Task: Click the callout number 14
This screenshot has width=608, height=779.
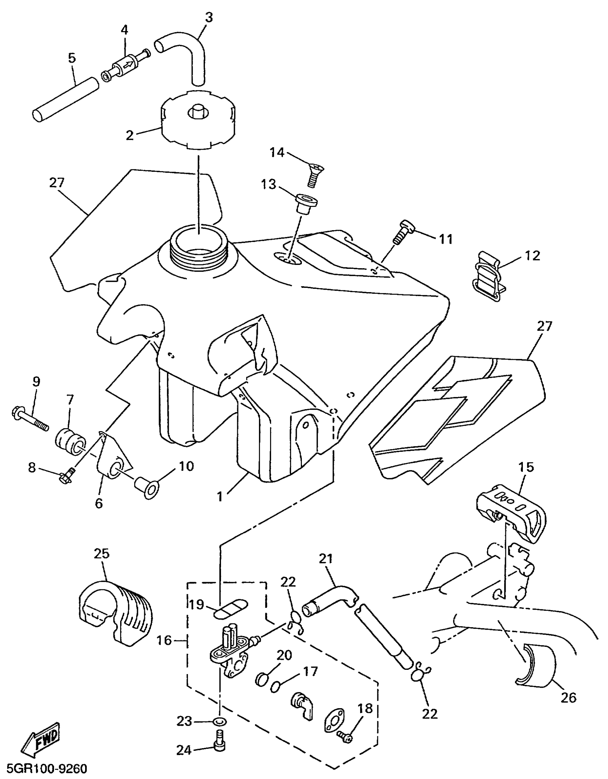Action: [x=277, y=153]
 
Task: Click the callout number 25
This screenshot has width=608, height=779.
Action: [x=102, y=554]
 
